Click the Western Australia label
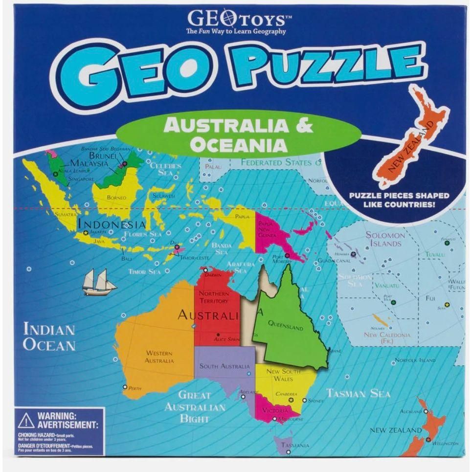point(159,357)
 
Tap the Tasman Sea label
point(358,393)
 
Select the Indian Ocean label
point(49,337)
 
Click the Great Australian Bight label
point(195,406)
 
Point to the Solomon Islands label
point(385,239)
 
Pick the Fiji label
point(430,298)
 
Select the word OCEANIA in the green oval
point(238,145)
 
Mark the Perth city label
point(135,388)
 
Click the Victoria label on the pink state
point(275,410)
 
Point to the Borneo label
point(116,198)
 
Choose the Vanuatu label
point(387,285)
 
